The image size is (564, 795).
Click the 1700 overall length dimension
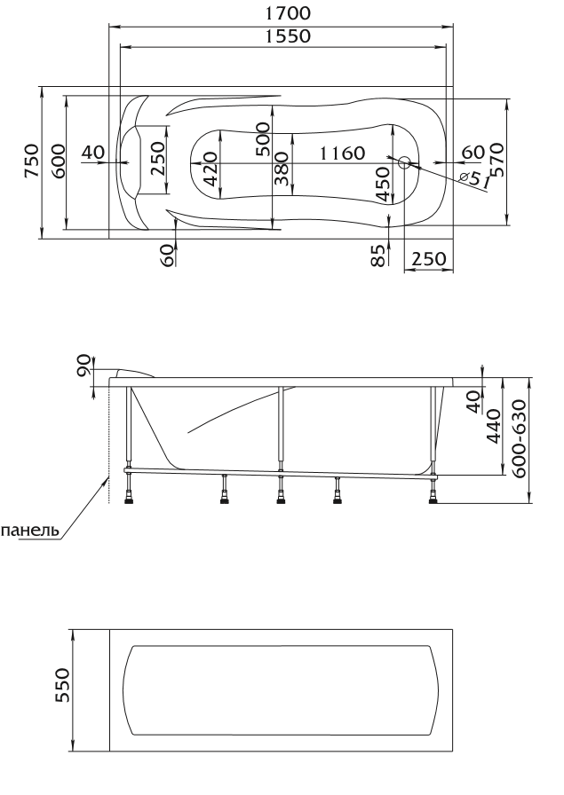click(288, 12)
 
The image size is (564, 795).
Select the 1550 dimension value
click(288, 36)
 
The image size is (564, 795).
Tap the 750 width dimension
click(31, 161)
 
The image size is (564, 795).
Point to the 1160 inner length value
click(342, 152)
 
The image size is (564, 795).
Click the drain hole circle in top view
click(405, 162)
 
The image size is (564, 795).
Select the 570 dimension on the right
click(497, 160)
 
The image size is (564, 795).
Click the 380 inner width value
click(282, 169)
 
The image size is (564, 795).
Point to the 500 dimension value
click(264, 139)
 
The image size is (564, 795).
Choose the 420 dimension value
click(211, 169)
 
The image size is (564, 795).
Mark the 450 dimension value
click(384, 184)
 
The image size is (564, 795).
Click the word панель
click(30, 531)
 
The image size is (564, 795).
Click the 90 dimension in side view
click(83, 365)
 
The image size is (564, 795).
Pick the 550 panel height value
click(62, 686)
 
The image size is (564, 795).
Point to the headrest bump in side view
click(134, 374)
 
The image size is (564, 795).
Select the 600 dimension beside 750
click(58, 161)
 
